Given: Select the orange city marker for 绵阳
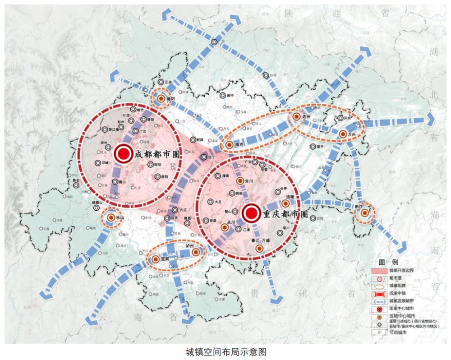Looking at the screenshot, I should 161,98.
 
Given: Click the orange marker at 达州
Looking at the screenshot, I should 296,117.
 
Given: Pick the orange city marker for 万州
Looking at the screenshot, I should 342,134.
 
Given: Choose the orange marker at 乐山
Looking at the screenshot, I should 110,217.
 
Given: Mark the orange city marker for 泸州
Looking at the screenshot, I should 196,252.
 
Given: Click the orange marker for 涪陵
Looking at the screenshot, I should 285,203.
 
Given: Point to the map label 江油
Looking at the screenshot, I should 168,82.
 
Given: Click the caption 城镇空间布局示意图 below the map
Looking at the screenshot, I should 225,351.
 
